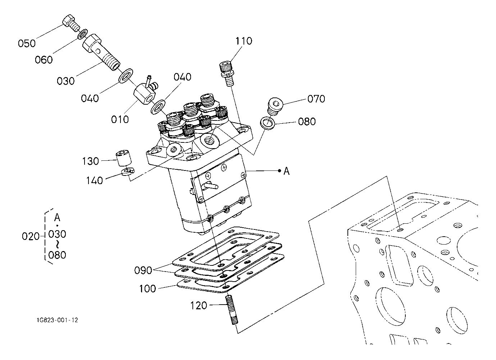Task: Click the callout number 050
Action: tap(27, 44)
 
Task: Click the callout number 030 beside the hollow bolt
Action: tap(66, 81)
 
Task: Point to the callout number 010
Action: tap(120, 119)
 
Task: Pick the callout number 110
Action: tap(244, 41)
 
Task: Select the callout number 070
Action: tap(316, 99)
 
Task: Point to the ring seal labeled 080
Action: tap(268, 123)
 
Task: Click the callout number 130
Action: tap(90, 161)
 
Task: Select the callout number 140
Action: tap(94, 180)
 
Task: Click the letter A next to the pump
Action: tap(286, 171)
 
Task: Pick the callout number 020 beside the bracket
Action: tap(31, 237)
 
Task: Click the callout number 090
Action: tap(144, 270)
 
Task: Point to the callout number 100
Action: tap(147, 288)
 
